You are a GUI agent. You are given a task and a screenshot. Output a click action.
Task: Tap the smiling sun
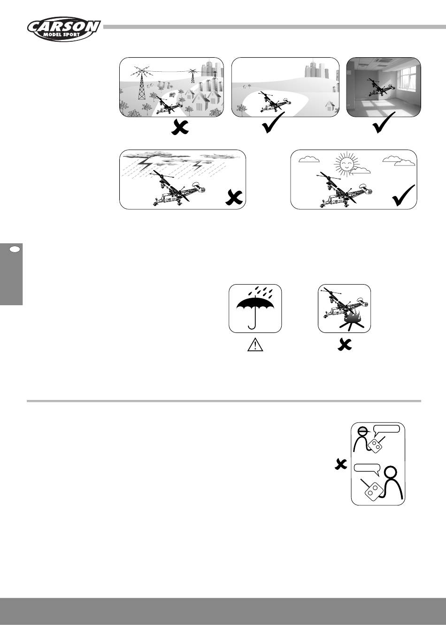click(x=346, y=165)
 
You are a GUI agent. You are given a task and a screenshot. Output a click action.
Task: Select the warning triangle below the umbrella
click(x=255, y=345)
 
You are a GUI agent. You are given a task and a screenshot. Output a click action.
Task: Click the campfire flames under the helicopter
click(x=353, y=320)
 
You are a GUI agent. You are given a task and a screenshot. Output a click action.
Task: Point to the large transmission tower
click(x=142, y=83)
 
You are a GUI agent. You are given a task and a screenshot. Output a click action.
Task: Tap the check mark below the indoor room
click(x=384, y=122)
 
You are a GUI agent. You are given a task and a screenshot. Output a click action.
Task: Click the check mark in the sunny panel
click(x=404, y=196)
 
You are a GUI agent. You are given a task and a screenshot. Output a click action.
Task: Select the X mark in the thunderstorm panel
click(x=234, y=198)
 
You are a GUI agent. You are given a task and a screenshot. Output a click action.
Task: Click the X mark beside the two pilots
click(x=341, y=464)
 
